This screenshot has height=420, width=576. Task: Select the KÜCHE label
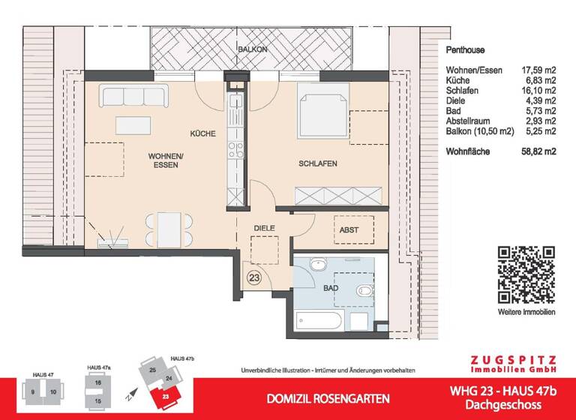coord(202,134)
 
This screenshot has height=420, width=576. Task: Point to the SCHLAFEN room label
coord(317,163)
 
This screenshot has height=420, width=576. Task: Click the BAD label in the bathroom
coord(331,287)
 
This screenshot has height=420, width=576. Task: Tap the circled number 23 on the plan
coord(255,275)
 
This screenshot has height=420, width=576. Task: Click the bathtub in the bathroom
coord(318,322)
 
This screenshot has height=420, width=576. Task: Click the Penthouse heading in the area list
coord(465,51)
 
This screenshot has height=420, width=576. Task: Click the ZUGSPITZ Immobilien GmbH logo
coord(512,364)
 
